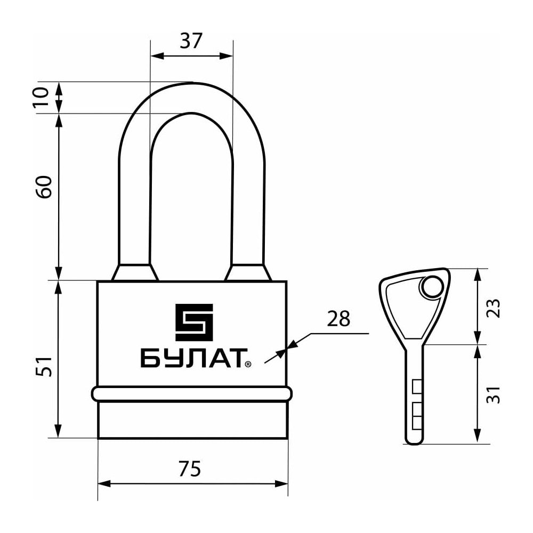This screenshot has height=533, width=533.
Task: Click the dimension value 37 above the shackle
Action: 191,41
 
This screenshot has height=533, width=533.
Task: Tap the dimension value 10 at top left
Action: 42,97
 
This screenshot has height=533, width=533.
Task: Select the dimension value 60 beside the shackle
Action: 44,187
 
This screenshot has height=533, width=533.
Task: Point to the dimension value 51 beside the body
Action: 44,366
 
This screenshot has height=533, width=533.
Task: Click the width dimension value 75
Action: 190,469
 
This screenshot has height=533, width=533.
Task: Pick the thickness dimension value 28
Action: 338,319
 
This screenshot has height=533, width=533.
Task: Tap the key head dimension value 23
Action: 493,308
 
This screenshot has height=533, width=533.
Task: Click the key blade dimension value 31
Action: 493,394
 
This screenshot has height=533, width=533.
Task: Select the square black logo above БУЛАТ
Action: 194,322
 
